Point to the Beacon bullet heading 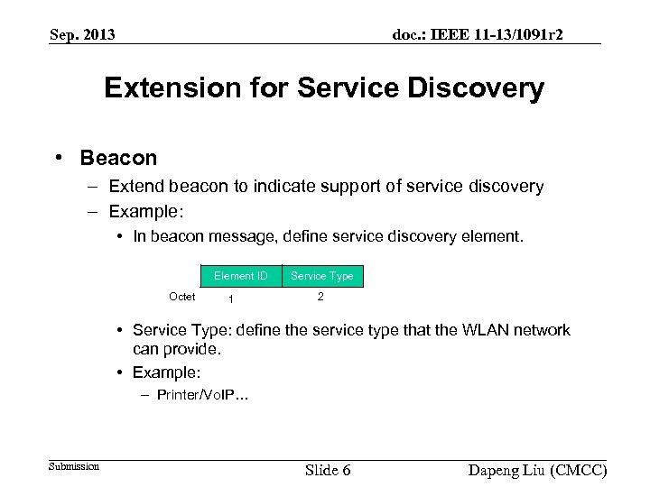pyautogui.click(x=118, y=158)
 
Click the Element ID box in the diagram pyautogui.click(x=240, y=275)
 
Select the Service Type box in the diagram pyautogui.click(x=322, y=275)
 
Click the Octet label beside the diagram pyautogui.click(x=181, y=297)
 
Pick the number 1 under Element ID pyautogui.click(x=231, y=299)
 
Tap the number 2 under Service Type pyautogui.click(x=320, y=297)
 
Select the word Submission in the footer pyautogui.click(x=73, y=466)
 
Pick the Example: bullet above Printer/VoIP pyautogui.click(x=166, y=372)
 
